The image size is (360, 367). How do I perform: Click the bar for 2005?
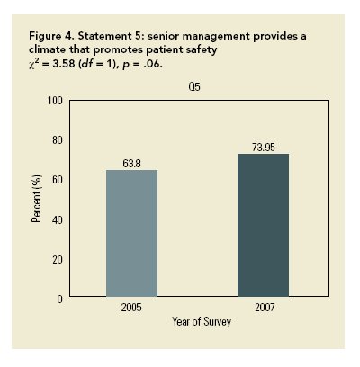pyautogui.click(x=131, y=233)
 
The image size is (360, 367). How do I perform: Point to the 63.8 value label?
pyautogui.click(x=132, y=164)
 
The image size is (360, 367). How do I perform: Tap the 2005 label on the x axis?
pyautogui.click(x=132, y=309)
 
